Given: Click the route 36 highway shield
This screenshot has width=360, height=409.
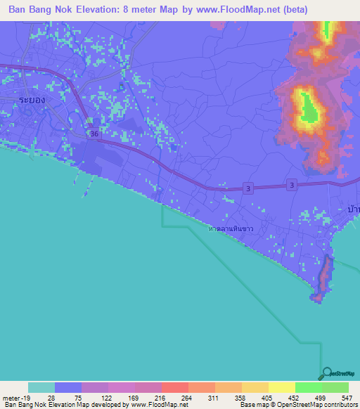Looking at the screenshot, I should point(94,134).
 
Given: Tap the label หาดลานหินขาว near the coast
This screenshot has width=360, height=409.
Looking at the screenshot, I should point(231,229).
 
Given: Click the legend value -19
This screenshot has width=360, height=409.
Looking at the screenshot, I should point(26,396).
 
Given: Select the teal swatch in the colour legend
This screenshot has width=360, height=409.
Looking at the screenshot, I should point(41,387).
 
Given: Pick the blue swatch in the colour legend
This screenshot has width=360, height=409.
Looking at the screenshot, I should point(68,387).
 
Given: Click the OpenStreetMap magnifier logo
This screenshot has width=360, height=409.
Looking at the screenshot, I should point(326,373).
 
